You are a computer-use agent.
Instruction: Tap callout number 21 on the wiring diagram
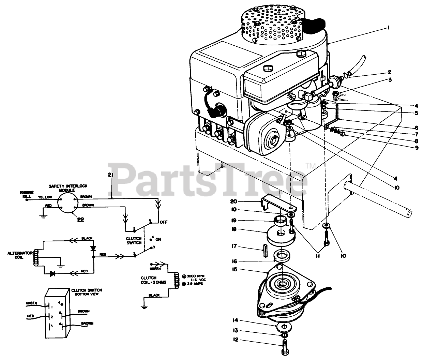[x=110, y=175]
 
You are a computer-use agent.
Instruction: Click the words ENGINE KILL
[x=25, y=195]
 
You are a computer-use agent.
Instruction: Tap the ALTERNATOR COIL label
[x=20, y=255]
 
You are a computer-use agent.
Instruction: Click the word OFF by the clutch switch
[x=164, y=222]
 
